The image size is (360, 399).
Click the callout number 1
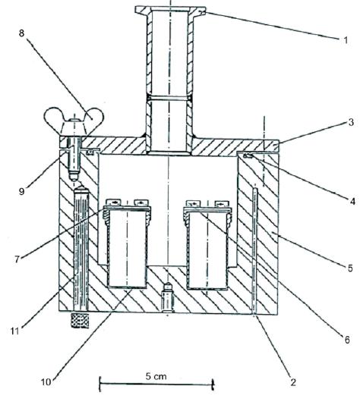[x=346, y=40]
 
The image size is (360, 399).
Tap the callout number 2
[x=293, y=382]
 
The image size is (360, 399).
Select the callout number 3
[x=351, y=122]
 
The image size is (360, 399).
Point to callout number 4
[x=352, y=202]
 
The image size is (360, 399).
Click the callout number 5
[x=350, y=268]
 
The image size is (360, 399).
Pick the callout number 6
[x=347, y=341]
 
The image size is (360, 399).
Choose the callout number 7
[x=17, y=259]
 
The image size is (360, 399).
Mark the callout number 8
[x=22, y=33]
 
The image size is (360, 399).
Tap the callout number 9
[x=22, y=191]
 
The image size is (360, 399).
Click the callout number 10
[x=46, y=382]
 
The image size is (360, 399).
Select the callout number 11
[x=15, y=331]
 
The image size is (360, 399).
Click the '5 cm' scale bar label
[x=156, y=376]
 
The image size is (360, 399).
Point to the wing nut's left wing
[x=53, y=117]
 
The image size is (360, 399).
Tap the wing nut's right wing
[x=95, y=117]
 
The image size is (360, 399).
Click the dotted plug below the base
[x=80, y=321]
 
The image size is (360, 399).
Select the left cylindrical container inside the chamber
[x=127, y=247]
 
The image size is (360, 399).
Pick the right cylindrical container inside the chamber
[x=207, y=247]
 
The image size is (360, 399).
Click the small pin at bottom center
[x=167, y=297]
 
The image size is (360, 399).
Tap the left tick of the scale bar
[x=99, y=385]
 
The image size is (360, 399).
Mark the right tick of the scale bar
[x=213, y=385]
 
